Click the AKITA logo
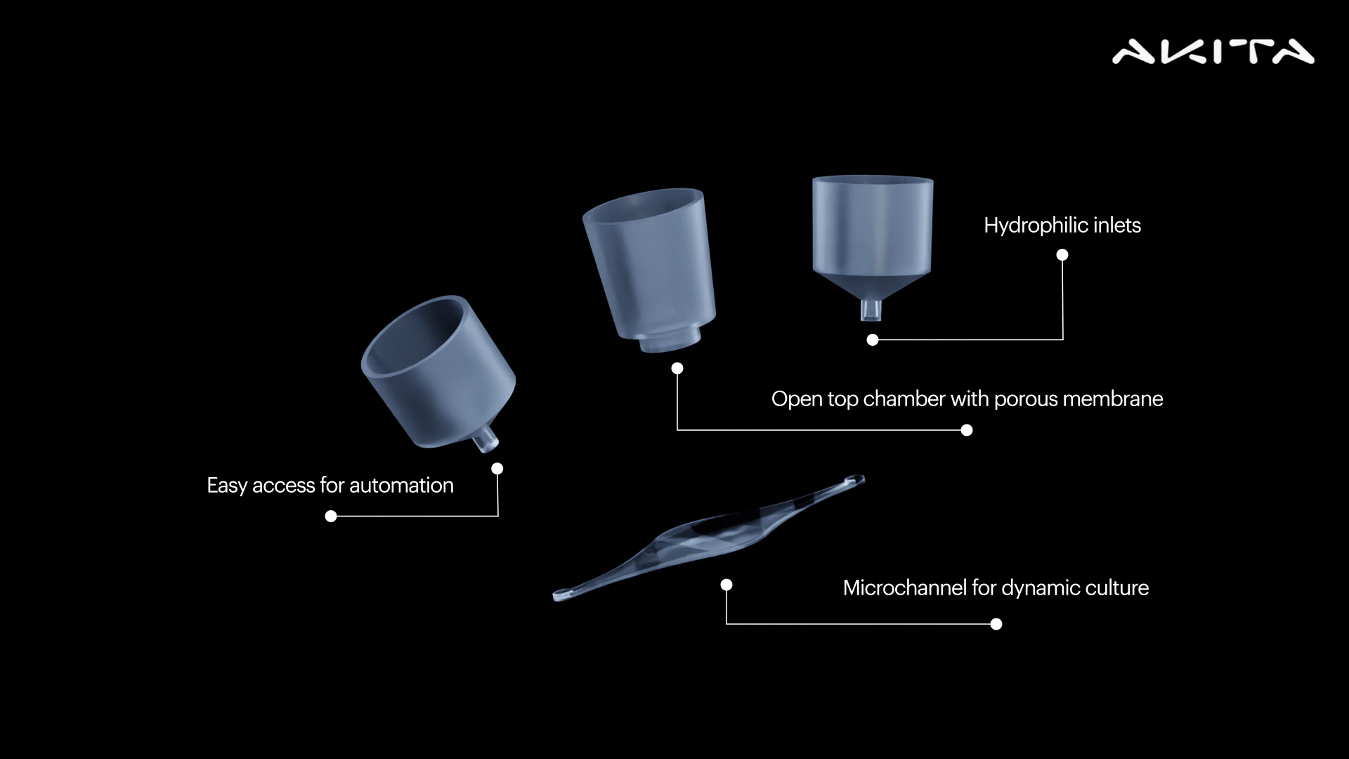coord(1213,52)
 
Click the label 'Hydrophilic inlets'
coord(1062,225)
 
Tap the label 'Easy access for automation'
coord(330,485)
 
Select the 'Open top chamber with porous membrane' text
coord(967,398)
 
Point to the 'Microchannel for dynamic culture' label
coord(996,588)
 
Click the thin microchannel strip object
coord(709,538)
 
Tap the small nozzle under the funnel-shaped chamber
coord(871,310)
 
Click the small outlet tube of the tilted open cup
coord(486,440)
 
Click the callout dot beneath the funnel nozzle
coord(873,340)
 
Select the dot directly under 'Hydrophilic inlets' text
coord(1062,254)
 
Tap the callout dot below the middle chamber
coord(677,368)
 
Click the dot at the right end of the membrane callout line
coord(967,430)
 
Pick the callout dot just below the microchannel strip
coord(726,585)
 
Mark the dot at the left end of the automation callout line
coord(331,517)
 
